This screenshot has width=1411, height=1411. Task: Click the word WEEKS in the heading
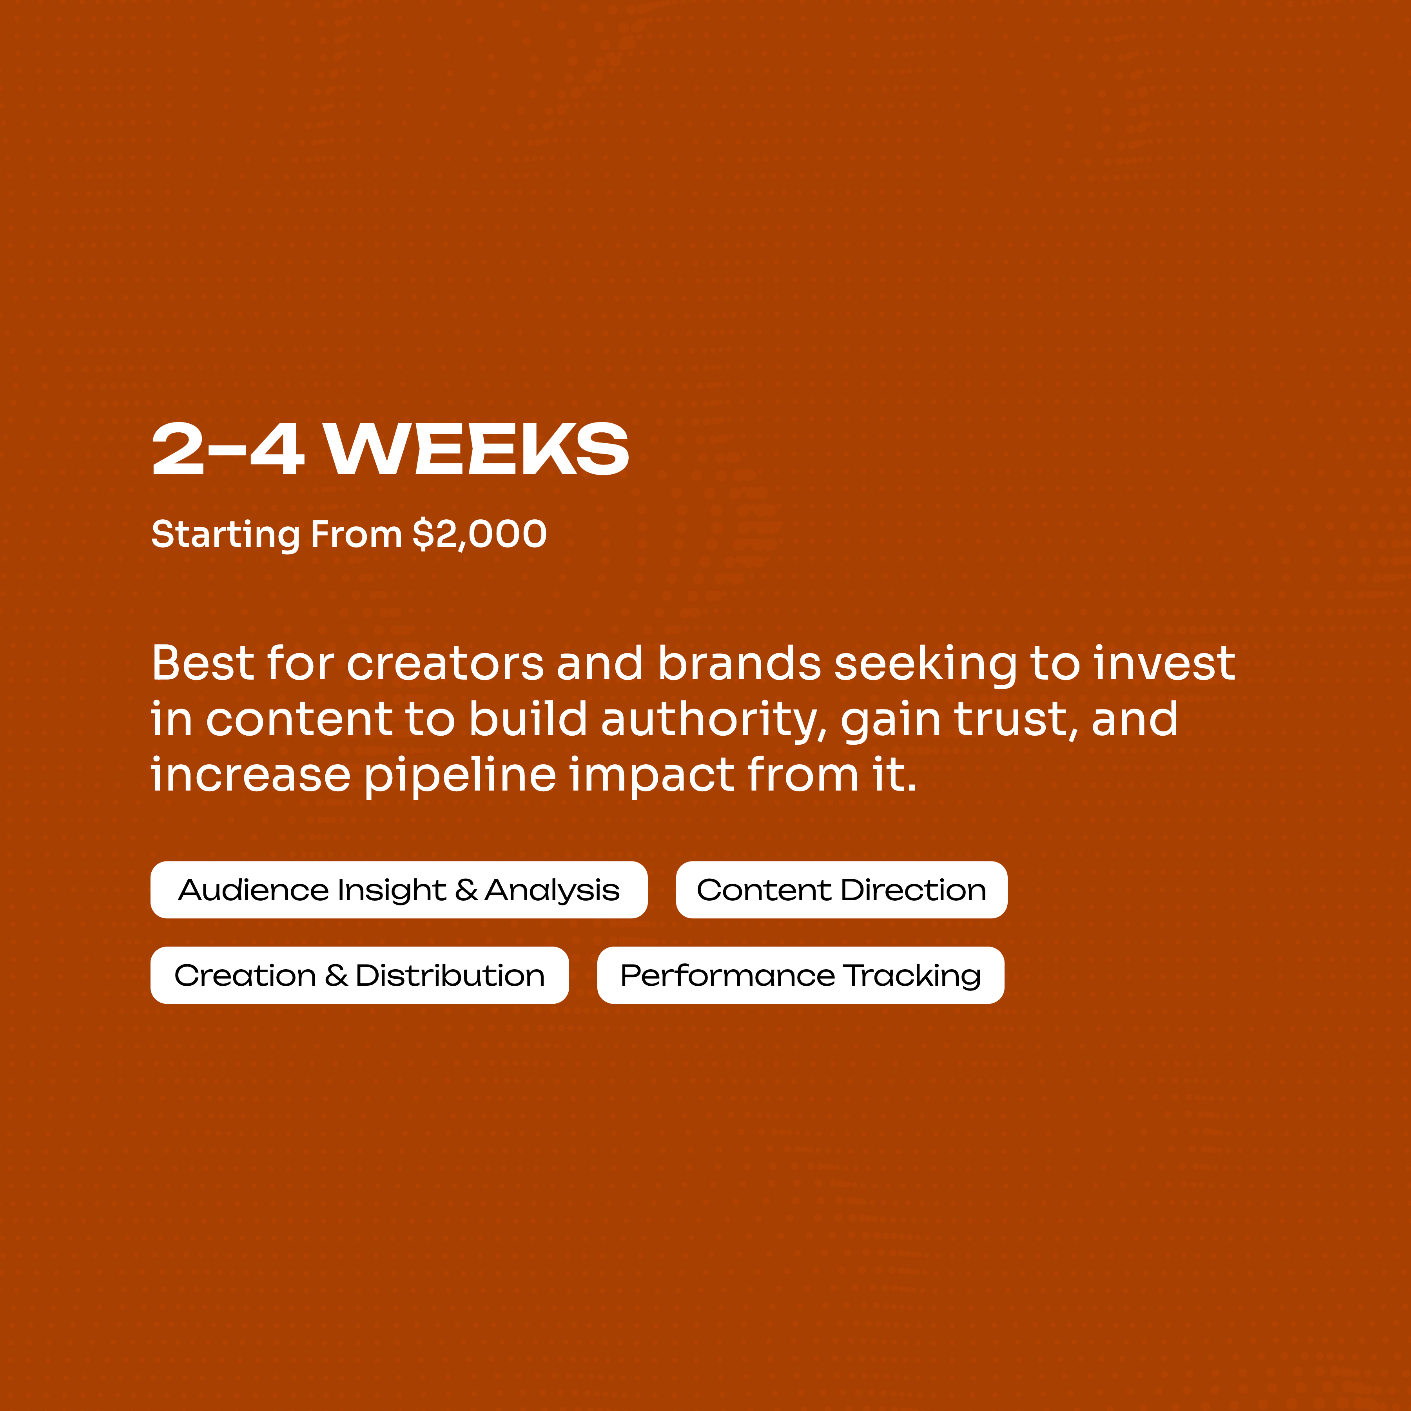coord(477,449)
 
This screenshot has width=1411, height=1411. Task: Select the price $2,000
coord(479,534)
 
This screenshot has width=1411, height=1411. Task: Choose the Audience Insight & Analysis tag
coord(399,890)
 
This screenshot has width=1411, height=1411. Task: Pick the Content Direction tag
coord(842,890)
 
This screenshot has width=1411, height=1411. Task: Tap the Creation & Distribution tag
coord(359,975)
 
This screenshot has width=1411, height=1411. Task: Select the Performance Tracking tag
coord(800,975)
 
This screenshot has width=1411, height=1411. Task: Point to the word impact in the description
coord(651,776)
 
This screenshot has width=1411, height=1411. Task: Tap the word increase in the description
coord(250,776)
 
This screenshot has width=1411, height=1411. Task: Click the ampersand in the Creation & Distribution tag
coord(336,975)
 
